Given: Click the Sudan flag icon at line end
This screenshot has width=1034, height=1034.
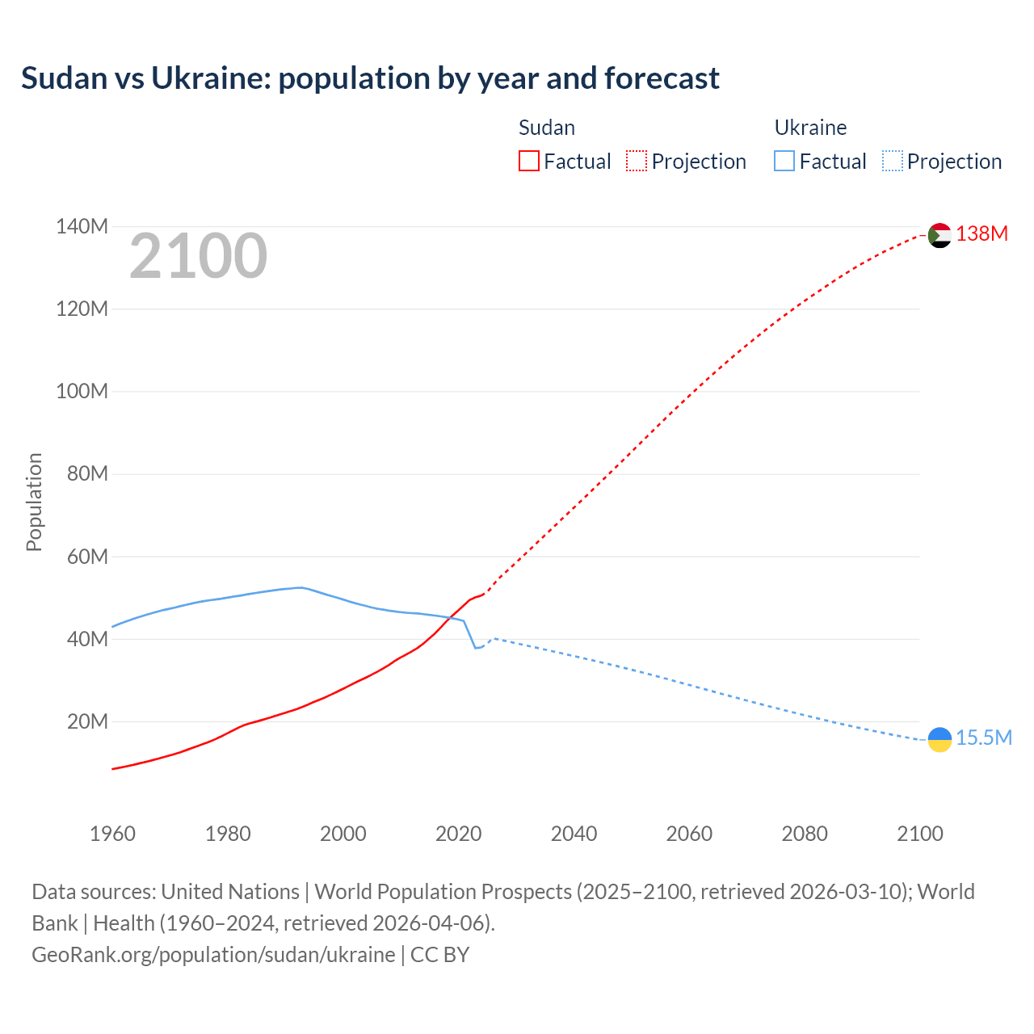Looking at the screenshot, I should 939,235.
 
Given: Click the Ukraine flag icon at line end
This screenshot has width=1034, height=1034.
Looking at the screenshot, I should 939,739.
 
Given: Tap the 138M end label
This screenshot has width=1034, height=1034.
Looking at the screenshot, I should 981,234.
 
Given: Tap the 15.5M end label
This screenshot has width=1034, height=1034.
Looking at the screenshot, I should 983,738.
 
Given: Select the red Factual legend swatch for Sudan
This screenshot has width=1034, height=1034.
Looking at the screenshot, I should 528,162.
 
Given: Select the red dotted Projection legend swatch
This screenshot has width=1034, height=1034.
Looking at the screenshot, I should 637,162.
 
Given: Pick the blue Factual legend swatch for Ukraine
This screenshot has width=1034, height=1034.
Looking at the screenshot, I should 784,162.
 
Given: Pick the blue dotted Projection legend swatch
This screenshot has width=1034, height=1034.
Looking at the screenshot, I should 892,162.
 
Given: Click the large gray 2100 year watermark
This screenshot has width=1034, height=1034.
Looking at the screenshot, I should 198,256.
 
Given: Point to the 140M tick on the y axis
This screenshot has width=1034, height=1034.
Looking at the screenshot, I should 82,227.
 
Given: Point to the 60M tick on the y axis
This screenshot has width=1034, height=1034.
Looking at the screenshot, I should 87,557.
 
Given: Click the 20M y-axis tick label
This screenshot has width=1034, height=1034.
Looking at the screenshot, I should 87,721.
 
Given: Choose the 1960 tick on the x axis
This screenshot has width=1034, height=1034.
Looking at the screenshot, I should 112,834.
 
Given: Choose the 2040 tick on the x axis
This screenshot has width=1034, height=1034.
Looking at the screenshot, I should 574,834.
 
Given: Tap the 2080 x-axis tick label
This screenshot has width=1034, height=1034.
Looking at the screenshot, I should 805,834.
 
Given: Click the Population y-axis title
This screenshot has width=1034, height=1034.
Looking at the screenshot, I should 34,502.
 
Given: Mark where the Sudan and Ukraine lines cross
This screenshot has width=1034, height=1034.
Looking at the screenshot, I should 450,619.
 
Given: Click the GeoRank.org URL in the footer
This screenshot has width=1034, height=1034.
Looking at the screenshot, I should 213,955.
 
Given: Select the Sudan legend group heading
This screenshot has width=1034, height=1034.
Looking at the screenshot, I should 546,128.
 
